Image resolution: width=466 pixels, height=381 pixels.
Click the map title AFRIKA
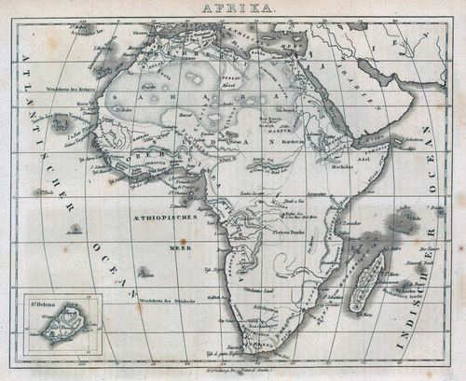pyautogui.click(x=232, y=7)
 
